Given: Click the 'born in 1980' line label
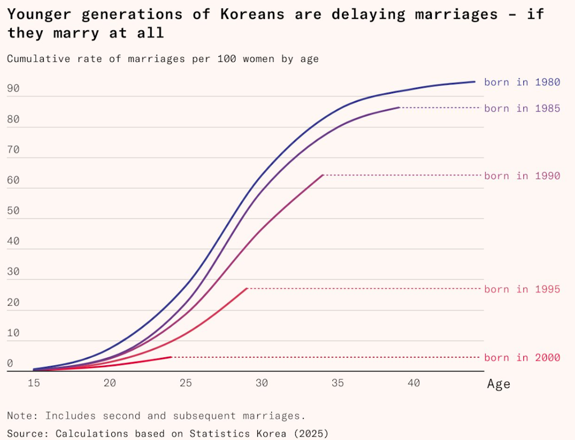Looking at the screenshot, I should (522, 82).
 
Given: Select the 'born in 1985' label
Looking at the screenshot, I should (522, 108).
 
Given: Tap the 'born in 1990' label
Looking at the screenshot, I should (522, 176).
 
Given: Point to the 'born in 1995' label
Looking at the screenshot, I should (522, 289).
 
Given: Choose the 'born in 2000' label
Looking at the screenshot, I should (522, 357).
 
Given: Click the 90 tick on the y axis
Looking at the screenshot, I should (13, 88).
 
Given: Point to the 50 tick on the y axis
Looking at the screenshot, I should (13, 211).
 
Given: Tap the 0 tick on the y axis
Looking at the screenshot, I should (10, 363).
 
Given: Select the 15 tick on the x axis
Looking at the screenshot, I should (34, 383).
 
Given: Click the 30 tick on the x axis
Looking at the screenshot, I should (262, 383).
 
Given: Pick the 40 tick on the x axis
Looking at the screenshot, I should (414, 383).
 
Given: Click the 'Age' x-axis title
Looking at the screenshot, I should (499, 384).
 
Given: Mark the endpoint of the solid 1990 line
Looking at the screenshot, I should (323, 175).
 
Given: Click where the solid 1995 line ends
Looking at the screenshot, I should (248, 288).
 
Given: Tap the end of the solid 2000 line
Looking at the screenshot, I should (171, 357).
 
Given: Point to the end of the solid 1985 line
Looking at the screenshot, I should (399, 107).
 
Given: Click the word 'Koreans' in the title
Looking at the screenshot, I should (253, 14).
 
